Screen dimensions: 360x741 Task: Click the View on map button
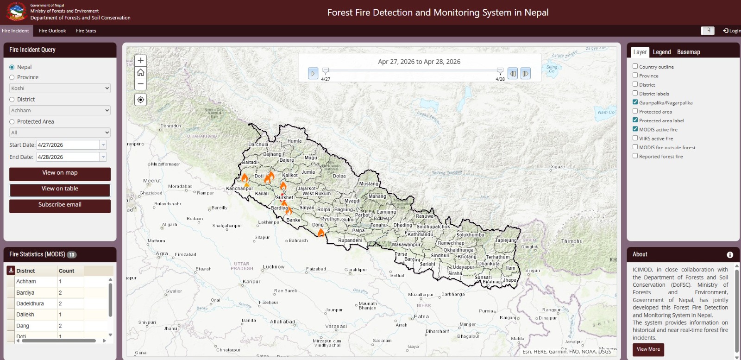[x=60, y=173]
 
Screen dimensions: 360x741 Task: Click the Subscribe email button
[x=60, y=205]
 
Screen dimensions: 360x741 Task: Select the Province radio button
[x=12, y=77]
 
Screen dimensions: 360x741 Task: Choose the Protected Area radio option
[x=12, y=122]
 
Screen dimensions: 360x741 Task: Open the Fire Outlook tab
[x=52, y=31]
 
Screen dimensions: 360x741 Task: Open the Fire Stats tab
[x=86, y=31]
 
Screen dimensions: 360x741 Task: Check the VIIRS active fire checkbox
[x=635, y=138]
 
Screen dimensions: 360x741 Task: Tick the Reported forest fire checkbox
[x=635, y=156]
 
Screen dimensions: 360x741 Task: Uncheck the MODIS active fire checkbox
[x=635, y=129]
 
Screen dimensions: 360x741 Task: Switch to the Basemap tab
[x=688, y=52]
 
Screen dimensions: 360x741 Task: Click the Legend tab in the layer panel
[x=662, y=52]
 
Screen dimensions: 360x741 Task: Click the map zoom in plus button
[x=141, y=61]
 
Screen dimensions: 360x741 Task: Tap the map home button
[x=141, y=73]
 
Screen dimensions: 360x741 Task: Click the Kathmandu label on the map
[x=421, y=234]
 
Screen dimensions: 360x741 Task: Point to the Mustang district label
[x=369, y=184]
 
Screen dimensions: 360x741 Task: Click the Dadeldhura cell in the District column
[x=30, y=304]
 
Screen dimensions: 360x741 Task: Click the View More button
[x=648, y=349]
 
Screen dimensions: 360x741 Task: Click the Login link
[x=731, y=31]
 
